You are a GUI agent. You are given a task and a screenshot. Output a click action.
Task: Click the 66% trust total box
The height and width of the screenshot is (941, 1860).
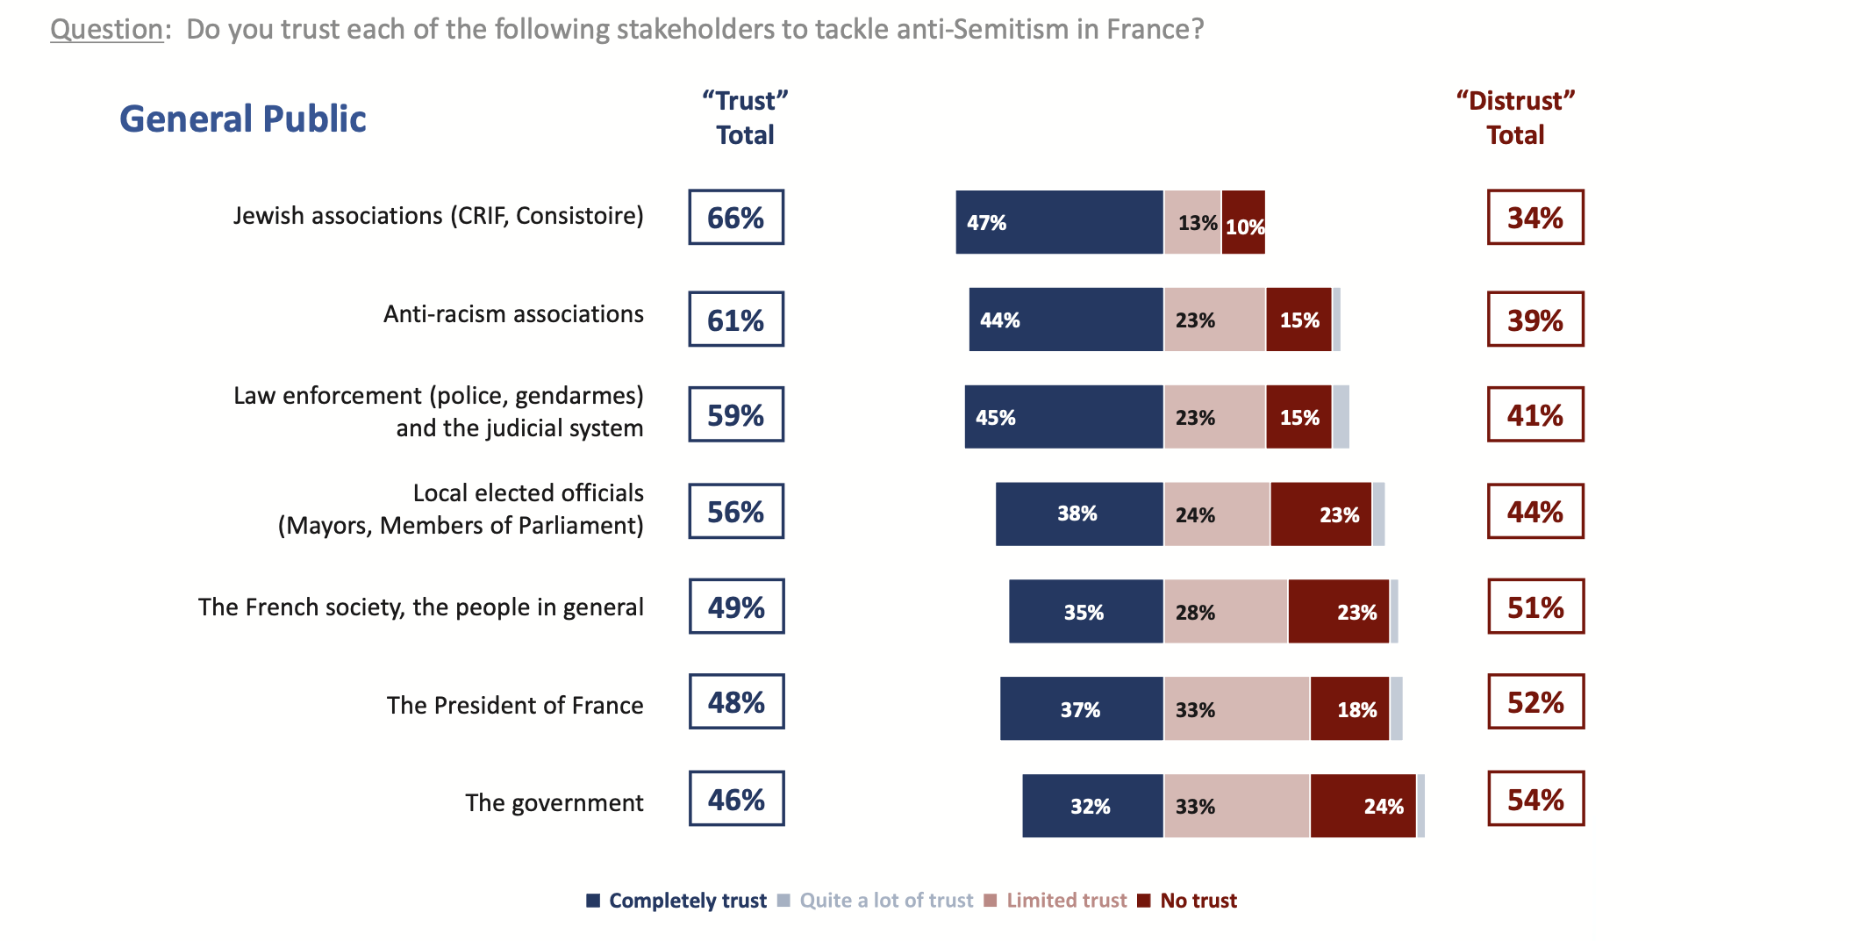pos(736,217)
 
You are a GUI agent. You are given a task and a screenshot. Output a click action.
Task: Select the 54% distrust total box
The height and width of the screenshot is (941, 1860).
pos(1535,799)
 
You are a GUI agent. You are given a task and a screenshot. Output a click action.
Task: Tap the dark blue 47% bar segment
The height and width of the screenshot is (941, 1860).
pos(1059,222)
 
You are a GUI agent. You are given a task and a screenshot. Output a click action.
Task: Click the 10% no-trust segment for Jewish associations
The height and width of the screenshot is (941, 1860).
pos(1243,223)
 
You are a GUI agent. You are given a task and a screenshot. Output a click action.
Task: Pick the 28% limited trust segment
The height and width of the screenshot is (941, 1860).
pos(1226,612)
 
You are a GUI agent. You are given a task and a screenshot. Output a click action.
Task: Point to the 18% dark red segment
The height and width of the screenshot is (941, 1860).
pos(1349,708)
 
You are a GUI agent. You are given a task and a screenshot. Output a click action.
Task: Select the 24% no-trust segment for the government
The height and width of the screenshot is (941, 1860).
pos(1363,806)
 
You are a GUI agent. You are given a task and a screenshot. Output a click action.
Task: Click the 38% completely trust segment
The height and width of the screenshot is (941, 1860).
pos(1079,514)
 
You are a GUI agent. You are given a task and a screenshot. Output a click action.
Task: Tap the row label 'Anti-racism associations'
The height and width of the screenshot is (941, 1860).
pos(513,314)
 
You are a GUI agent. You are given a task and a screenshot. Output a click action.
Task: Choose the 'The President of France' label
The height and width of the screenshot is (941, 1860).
pos(515,706)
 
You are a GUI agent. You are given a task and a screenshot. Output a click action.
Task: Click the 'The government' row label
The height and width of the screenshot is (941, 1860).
pos(554,803)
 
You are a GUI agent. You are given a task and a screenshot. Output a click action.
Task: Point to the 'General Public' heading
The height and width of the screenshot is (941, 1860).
pos(243,119)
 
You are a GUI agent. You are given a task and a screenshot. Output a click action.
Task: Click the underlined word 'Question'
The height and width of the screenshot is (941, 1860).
pos(107,29)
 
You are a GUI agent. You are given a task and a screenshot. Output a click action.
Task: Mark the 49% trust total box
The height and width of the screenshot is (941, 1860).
pos(736,607)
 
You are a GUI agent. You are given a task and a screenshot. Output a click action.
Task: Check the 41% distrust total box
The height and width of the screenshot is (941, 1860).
pos(1535,414)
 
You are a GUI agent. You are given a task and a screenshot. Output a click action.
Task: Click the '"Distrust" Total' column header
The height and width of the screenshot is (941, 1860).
pos(1515,118)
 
